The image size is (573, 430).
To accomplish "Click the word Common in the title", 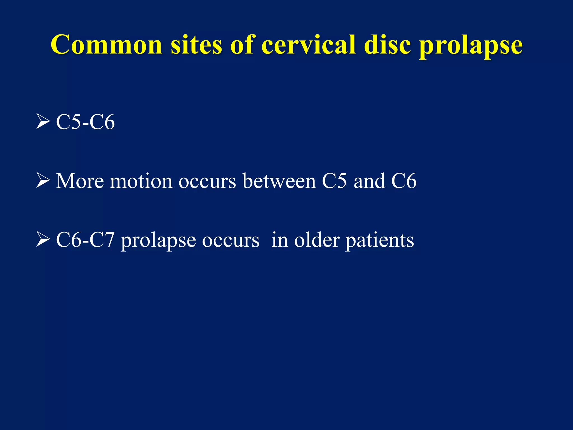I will point(106,45).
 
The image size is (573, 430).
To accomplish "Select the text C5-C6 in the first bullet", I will point(85,122).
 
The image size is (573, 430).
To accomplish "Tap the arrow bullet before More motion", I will point(43,181).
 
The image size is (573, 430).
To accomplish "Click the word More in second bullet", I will point(80,181).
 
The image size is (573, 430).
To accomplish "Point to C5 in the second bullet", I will point(334,181).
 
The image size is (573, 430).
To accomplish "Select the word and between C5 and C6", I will point(369,181).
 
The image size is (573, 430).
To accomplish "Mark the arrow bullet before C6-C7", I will point(43,240).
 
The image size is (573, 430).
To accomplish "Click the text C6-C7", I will point(85,240).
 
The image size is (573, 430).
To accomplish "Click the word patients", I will point(379,241).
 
